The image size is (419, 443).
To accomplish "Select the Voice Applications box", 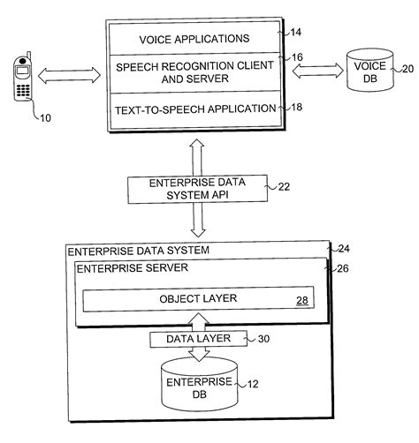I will tap(194, 39).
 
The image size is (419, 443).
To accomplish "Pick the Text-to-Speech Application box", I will tap(194, 109).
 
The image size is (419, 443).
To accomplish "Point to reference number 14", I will tap(294, 34).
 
